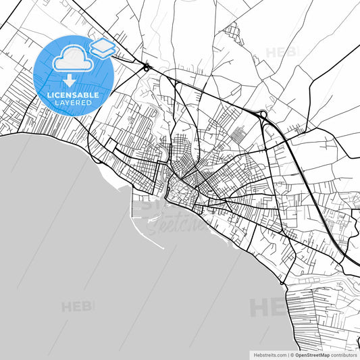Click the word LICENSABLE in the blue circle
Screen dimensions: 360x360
click(x=73, y=95)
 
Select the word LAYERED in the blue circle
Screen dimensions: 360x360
click(x=73, y=103)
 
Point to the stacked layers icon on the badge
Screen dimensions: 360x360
click(x=102, y=47)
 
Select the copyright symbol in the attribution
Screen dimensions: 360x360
click(x=292, y=354)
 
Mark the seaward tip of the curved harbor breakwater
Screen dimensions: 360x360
click(x=164, y=248)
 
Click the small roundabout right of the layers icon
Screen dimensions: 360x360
click(x=146, y=67)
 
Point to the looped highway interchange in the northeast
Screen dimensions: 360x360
click(x=262, y=115)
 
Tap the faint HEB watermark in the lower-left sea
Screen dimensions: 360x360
click(x=78, y=307)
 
